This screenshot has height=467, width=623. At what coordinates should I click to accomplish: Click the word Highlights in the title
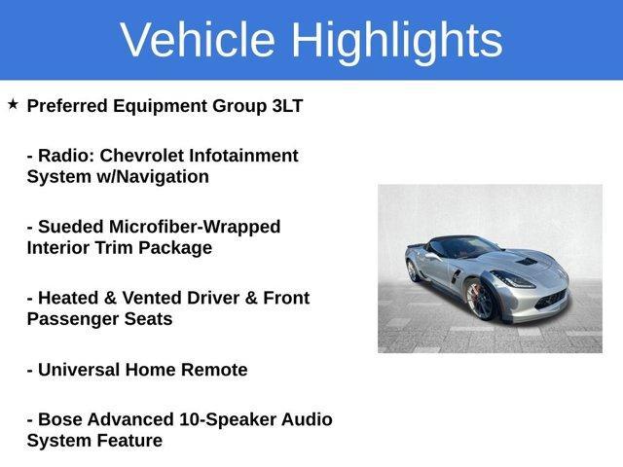[x=396, y=40]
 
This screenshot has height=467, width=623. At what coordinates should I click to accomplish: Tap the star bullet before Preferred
[x=13, y=103]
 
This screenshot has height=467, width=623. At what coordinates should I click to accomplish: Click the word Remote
[x=213, y=370]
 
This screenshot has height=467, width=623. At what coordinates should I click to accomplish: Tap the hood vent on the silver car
[x=526, y=262]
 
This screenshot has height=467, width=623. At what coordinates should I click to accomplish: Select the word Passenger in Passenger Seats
[x=72, y=319]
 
